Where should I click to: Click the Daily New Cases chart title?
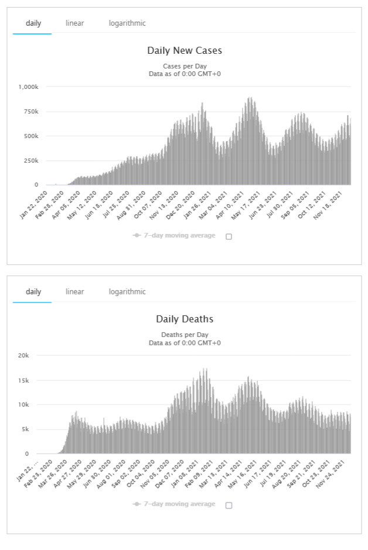click(x=184, y=50)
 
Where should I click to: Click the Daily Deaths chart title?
click(x=184, y=319)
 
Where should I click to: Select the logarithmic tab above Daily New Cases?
click(x=127, y=23)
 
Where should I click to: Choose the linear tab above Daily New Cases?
click(x=74, y=23)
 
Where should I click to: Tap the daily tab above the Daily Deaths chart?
click(x=33, y=291)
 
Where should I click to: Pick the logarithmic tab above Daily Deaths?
click(x=127, y=291)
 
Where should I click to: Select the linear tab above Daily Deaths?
click(x=74, y=291)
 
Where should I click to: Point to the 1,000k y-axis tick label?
click(x=28, y=87)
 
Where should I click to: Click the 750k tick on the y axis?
click(x=30, y=111)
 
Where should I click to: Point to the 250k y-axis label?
click(x=30, y=160)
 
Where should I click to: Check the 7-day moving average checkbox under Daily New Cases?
click(x=229, y=236)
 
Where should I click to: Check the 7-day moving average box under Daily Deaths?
click(x=229, y=505)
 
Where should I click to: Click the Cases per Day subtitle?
click(x=184, y=66)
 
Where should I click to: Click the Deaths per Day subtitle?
click(x=184, y=335)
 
